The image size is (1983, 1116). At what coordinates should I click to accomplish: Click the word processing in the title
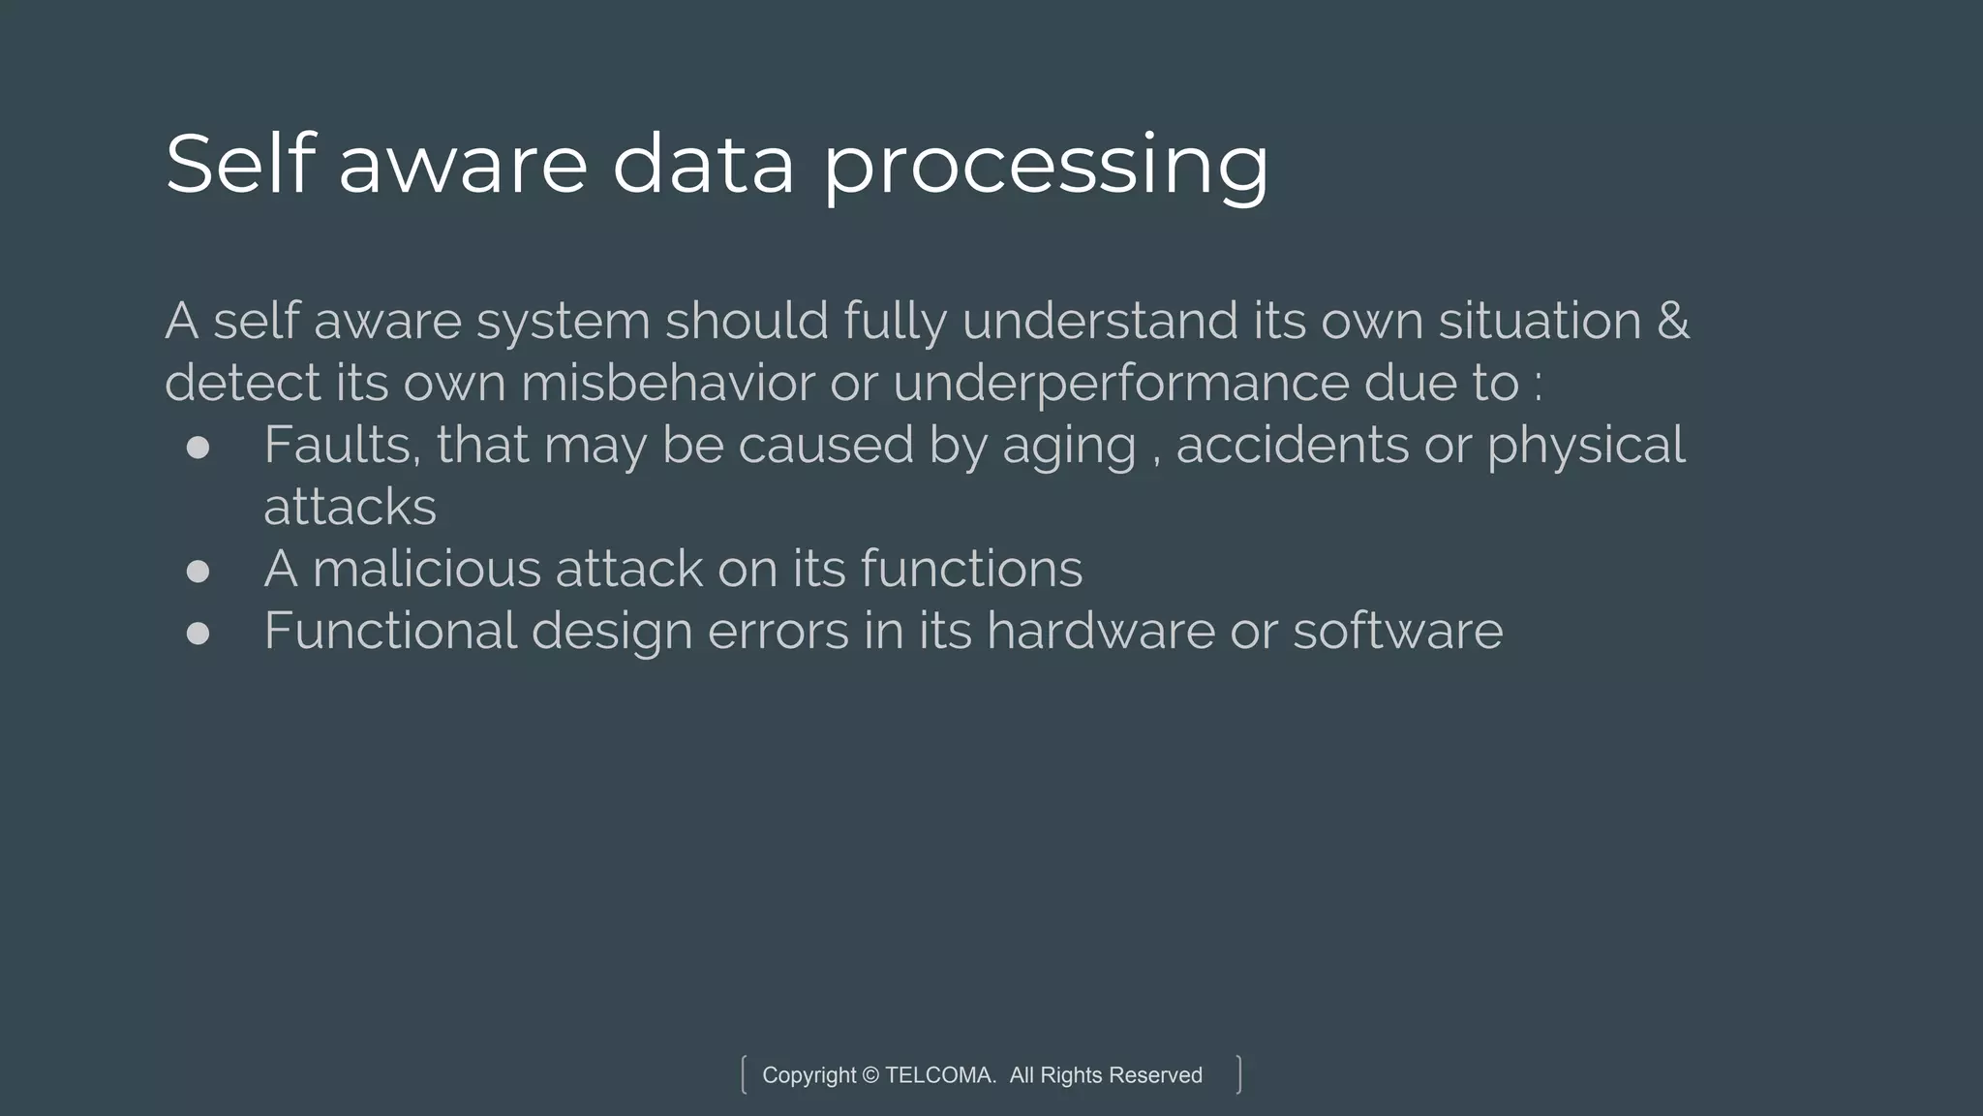[1046, 167]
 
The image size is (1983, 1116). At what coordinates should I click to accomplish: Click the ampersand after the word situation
[1673, 321]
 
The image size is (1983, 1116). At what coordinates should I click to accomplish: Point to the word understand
[1100, 321]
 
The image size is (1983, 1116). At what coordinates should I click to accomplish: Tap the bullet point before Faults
[198, 447]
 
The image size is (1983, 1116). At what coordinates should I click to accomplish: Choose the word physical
[1586, 447]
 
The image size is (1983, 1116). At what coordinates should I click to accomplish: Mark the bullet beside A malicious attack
[198, 571]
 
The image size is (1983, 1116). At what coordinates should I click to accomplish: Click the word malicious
[426, 569]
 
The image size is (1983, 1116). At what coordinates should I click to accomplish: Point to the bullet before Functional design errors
[198, 633]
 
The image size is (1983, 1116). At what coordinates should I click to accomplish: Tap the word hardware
[1100, 631]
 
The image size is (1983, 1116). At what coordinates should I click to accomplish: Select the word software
[1397, 631]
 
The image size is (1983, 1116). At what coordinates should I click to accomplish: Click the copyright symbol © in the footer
[869, 1075]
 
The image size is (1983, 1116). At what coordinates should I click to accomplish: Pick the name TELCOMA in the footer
[939, 1075]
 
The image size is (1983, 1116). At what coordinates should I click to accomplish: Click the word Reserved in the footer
[1155, 1075]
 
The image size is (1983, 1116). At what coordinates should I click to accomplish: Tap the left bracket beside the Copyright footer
[744, 1074]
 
